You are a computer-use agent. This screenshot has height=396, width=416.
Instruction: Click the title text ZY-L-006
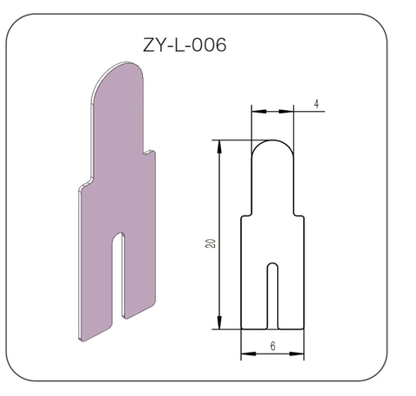coord(185,45)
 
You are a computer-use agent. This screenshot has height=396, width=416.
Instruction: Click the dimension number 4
coord(316,104)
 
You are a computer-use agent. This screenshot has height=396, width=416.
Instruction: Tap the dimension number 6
coord(273,346)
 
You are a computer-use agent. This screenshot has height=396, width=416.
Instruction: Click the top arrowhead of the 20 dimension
coord(219,147)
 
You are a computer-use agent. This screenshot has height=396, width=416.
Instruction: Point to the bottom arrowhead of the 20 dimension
coord(219,322)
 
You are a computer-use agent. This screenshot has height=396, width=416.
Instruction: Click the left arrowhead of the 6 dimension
coord(249,354)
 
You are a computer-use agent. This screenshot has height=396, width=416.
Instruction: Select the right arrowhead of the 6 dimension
coord(296,354)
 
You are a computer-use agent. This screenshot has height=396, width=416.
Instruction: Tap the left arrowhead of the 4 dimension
coord(259,111)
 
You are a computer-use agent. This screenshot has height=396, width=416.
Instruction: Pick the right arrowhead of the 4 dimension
coord(286,111)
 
